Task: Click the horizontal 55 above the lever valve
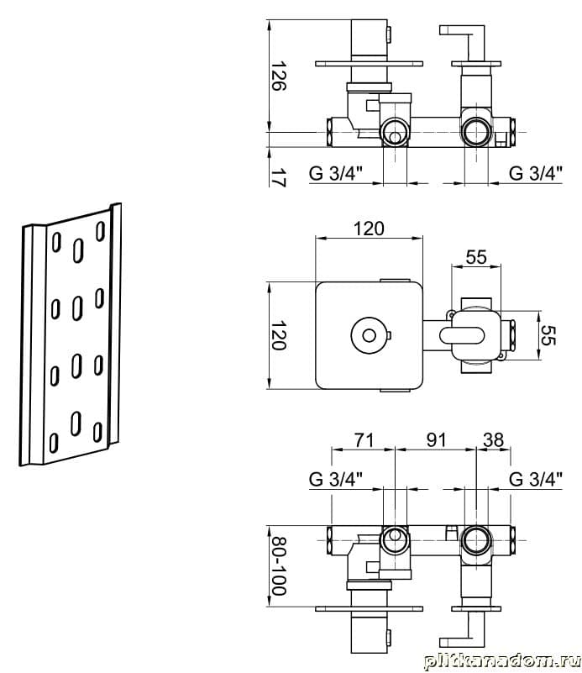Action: pos(476,257)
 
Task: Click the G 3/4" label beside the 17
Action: pos(336,174)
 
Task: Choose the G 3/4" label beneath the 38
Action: pos(537,480)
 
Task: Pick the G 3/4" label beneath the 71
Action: pos(336,480)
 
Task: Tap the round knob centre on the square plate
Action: pos(368,336)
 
